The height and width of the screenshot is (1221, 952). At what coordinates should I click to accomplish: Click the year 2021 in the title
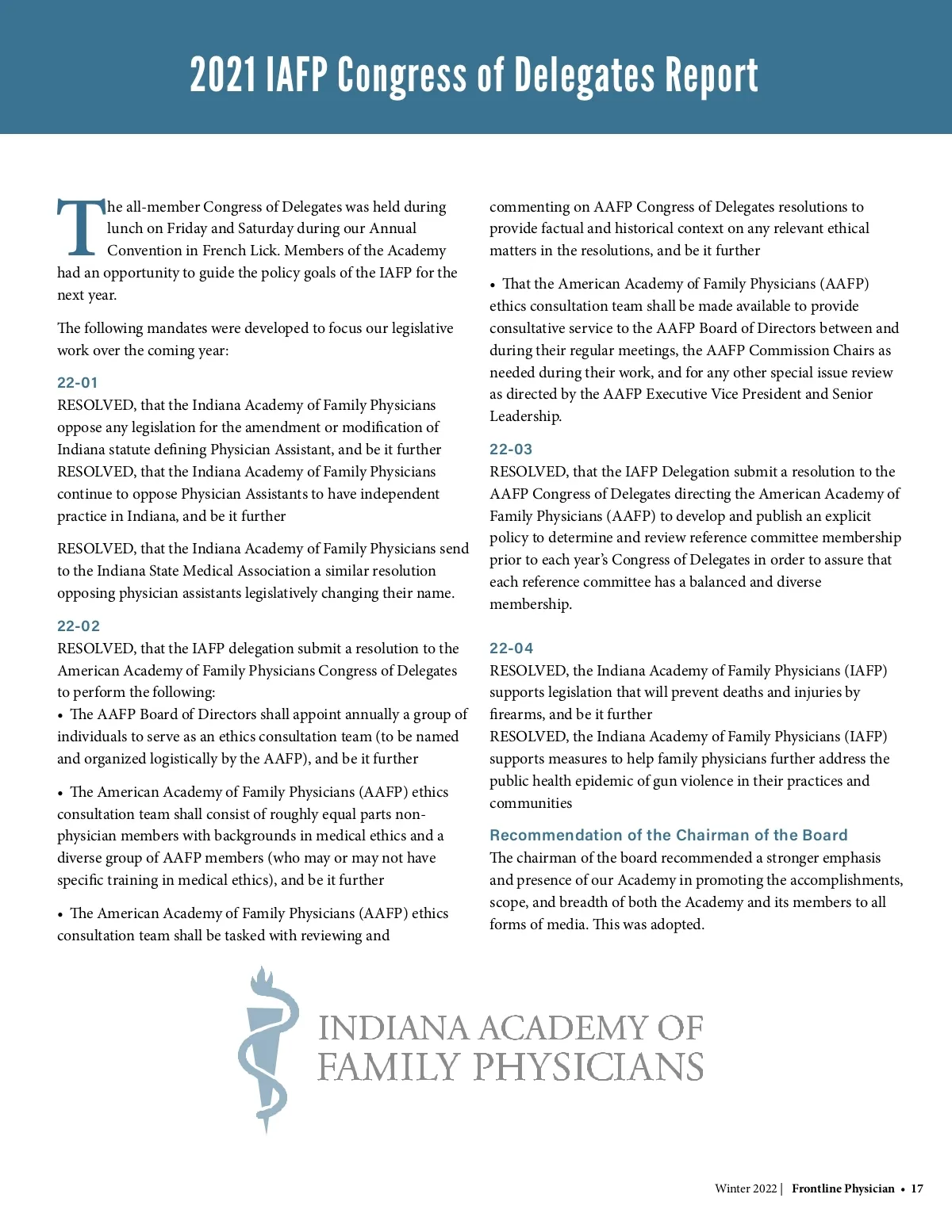point(223,75)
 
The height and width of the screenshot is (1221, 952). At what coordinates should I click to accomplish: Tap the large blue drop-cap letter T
point(80,228)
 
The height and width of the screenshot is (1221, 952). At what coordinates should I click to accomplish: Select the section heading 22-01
point(78,383)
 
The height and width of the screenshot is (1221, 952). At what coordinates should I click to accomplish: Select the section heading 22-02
point(79,626)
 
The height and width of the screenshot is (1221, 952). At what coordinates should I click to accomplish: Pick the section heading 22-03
point(511,450)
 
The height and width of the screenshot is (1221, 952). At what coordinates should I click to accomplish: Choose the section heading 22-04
point(512,649)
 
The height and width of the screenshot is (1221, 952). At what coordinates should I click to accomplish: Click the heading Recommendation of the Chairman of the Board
point(668,836)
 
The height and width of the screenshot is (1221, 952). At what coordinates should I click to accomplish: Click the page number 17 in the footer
point(917,1188)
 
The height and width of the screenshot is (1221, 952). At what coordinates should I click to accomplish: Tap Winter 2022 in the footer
point(746,1188)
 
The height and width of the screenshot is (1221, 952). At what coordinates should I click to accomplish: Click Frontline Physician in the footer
point(843,1188)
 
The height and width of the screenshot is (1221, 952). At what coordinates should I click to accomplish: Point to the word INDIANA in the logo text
point(393,1028)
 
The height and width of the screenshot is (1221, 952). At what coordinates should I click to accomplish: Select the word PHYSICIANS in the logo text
point(589,1067)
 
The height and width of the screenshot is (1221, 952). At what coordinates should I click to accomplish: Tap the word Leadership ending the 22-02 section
point(524,416)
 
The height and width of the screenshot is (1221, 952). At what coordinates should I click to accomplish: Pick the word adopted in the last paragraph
point(676,924)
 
